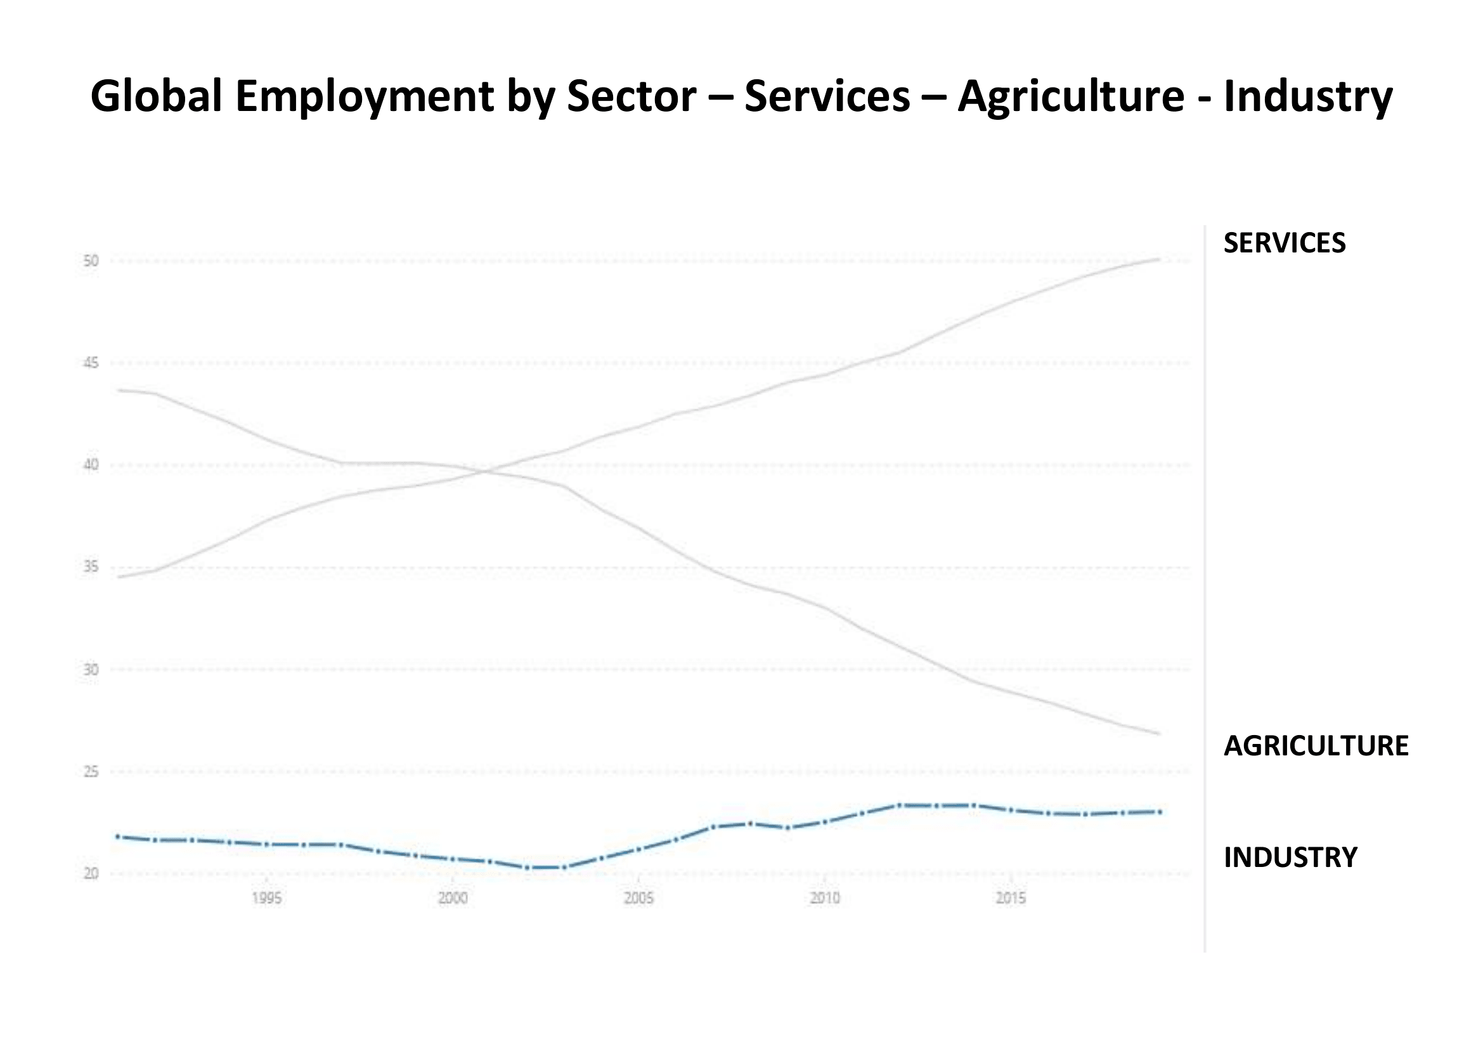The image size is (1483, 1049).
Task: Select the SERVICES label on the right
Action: pyautogui.click(x=1284, y=244)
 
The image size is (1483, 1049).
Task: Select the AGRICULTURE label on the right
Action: pyautogui.click(x=1316, y=746)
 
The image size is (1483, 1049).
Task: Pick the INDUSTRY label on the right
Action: pyautogui.click(x=1290, y=858)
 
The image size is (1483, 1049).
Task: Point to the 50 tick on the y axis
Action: pyautogui.click(x=91, y=261)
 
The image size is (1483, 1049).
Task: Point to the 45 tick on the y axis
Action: pyautogui.click(x=91, y=363)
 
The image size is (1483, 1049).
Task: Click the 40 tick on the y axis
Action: pyautogui.click(x=91, y=465)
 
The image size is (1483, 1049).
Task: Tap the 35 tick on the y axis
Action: pyautogui.click(x=91, y=567)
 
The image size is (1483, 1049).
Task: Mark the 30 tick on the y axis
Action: pyautogui.click(x=91, y=670)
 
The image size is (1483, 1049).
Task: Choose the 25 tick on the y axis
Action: pyautogui.click(x=91, y=772)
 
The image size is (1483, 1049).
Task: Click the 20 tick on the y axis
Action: pyautogui.click(x=91, y=874)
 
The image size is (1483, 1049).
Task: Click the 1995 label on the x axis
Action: pyautogui.click(x=267, y=899)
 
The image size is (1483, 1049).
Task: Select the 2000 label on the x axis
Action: pyautogui.click(x=453, y=899)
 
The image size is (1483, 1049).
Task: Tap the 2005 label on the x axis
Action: pyautogui.click(x=639, y=899)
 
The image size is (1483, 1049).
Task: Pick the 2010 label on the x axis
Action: pyautogui.click(x=825, y=899)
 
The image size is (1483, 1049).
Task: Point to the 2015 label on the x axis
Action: pyautogui.click(x=1011, y=899)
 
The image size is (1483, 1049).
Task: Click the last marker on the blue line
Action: pyautogui.click(x=1160, y=812)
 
